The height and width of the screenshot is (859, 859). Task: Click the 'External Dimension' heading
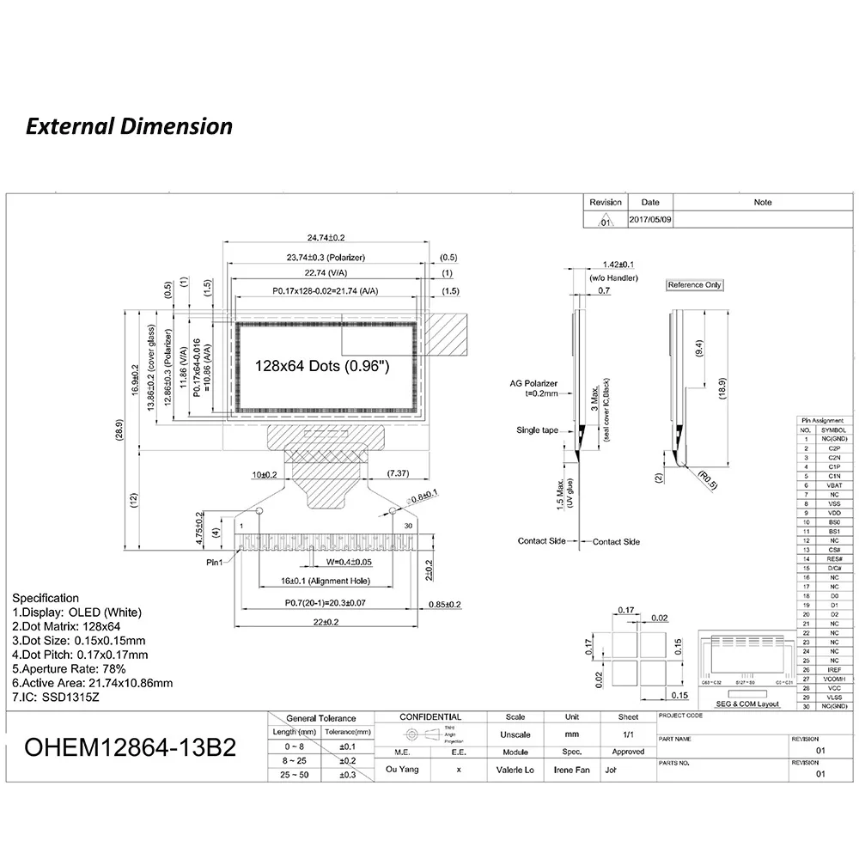coord(129,126)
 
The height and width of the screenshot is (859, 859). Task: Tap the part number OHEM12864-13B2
coord(130,746)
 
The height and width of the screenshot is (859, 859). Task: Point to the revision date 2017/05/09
coord(650,220)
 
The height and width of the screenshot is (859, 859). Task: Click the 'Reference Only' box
coord(695,285)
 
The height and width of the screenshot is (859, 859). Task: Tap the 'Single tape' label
coord(538,429)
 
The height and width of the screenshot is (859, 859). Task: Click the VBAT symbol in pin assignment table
coord(834,485)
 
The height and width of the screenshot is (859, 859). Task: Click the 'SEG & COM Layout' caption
coord(751,704)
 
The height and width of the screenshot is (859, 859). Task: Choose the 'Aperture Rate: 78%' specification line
coord(70,668)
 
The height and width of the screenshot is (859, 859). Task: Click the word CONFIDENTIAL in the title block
coord(430,717)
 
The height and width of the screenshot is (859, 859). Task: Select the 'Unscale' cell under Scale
coord(515,735)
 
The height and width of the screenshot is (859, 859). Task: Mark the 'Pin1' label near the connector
coord(213,563)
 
